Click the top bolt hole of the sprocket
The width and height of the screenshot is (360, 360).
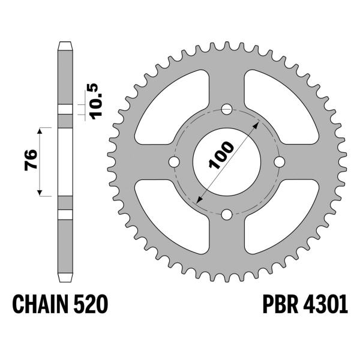coord(227,110)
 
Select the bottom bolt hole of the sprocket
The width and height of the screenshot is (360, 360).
coord(227,215)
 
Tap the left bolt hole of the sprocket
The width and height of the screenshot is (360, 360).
coord(175,163)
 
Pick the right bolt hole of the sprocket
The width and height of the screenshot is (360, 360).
coord(279,163)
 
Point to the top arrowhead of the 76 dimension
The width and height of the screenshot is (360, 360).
coord(41,130)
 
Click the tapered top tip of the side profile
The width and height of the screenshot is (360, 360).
coord(65,45)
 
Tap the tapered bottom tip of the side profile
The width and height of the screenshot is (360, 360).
coord(65,278)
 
